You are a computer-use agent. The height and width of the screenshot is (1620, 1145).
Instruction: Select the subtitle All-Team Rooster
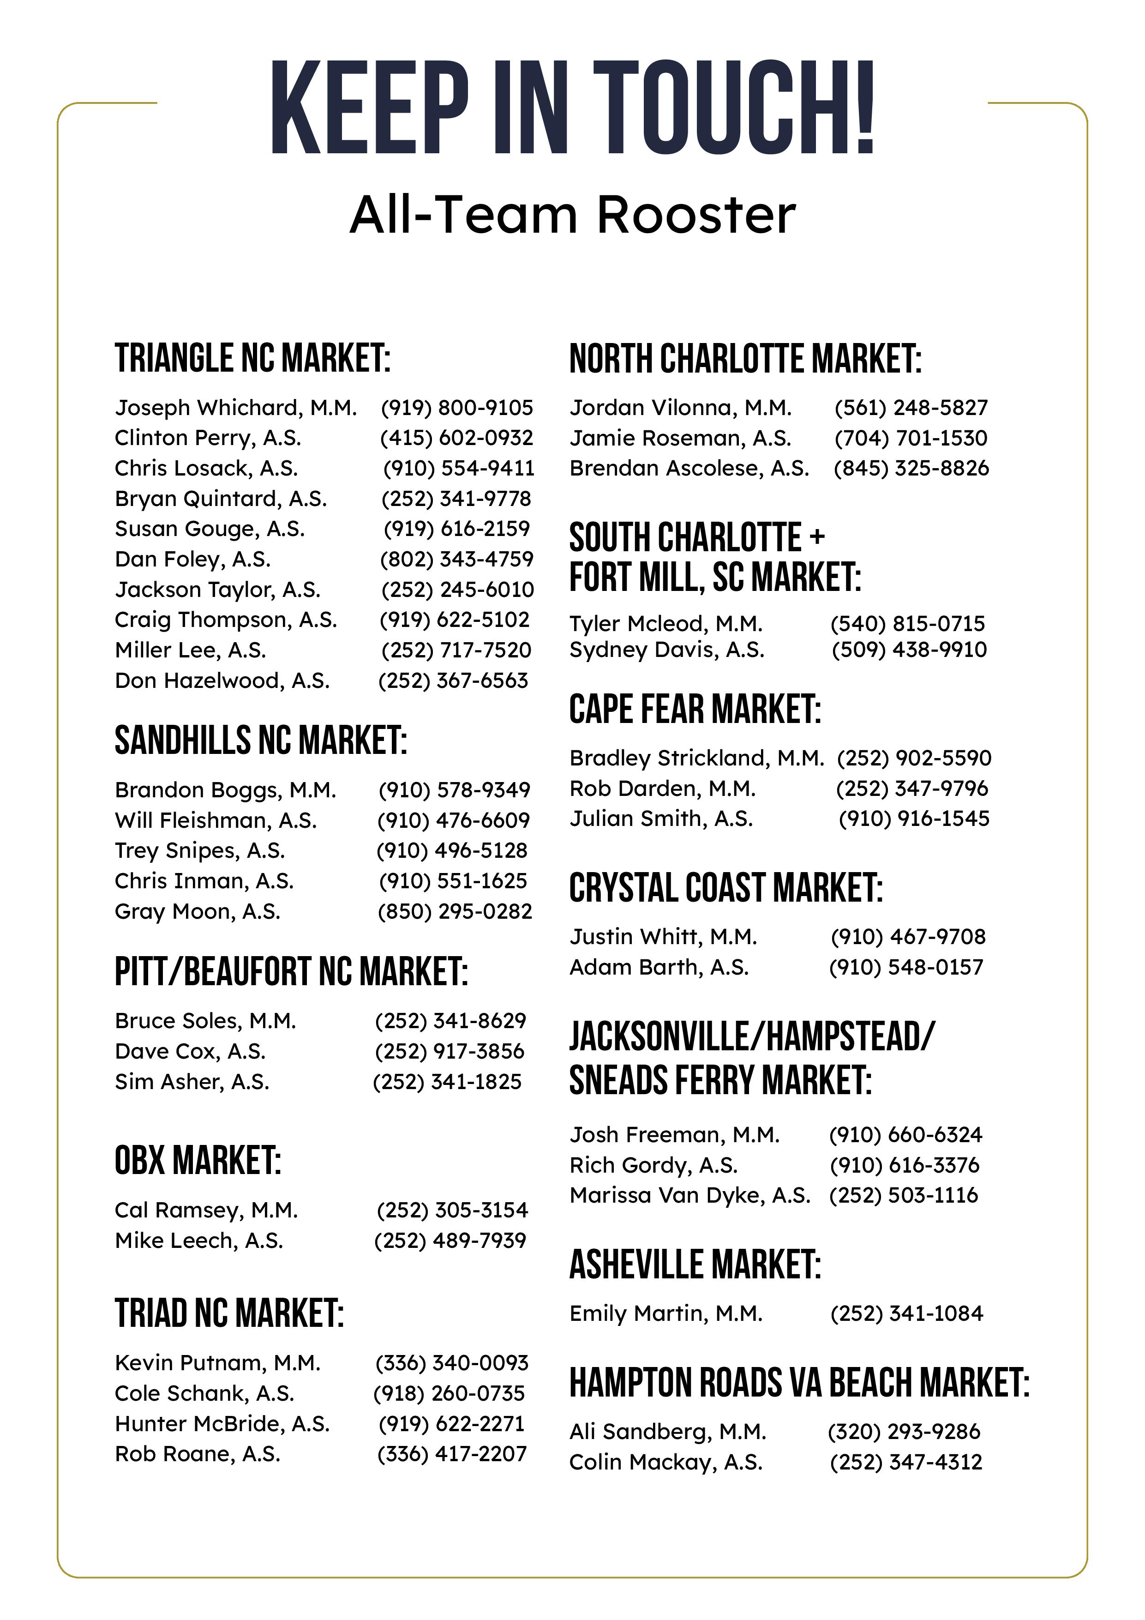(x=572, y=215)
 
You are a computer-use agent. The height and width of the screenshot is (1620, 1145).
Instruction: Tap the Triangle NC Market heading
(x=252, y=358)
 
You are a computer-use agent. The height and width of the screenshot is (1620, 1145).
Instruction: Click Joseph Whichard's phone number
(x=456, y=408)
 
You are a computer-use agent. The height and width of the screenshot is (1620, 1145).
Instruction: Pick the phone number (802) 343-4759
(x=456, y=559)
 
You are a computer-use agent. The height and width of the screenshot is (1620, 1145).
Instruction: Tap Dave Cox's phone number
(x=450, y=1051)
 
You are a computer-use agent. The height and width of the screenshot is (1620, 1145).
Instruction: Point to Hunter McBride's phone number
(x=451, y=1423)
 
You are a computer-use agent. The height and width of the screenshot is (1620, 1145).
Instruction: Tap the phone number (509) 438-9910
(x=909, y=650)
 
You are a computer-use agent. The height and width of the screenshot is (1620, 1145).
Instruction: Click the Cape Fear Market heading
(x=695, y=709)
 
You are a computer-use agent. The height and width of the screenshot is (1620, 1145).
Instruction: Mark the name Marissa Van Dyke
(x=690, y=1195)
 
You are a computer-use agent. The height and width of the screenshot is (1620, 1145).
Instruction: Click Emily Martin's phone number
(x=906, y=1314)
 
